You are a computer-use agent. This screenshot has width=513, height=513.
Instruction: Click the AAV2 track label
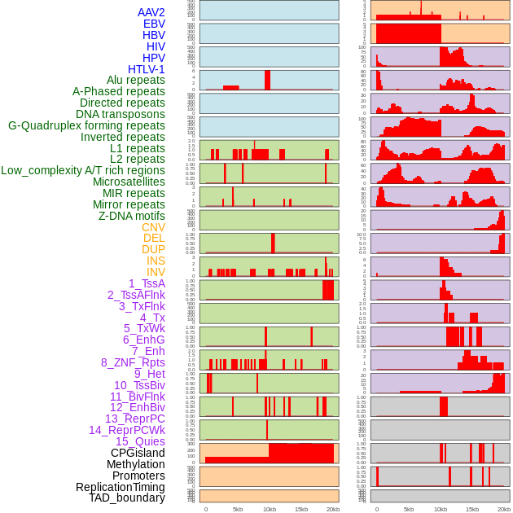(151, 12)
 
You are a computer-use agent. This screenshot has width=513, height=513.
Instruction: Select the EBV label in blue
(154, 24)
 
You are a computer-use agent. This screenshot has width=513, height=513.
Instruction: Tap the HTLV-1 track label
(147, 69)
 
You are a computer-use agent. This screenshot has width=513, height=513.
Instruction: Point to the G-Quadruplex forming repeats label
(86, 125)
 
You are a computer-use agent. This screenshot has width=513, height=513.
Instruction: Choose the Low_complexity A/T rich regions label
(83, 170)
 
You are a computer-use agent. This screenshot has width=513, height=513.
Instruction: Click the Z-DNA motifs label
(132, 216)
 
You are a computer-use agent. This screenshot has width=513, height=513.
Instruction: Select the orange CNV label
(153, 227)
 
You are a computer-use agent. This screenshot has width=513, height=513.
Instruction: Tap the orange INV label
(156, 272)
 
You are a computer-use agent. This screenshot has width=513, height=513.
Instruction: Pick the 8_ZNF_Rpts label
(133, 362)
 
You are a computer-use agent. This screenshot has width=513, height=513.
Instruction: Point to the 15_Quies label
(140, 441)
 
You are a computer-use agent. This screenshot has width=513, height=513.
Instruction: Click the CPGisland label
(138, 453)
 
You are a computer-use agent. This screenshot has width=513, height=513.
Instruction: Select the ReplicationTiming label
(121, 487)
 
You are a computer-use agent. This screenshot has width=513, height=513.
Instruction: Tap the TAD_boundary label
(127, 498)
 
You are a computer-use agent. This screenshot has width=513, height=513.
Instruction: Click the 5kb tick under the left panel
(238, 509)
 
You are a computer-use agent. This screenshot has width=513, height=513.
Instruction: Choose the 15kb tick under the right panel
(472, 509)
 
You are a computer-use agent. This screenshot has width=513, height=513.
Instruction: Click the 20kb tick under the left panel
(332, 509)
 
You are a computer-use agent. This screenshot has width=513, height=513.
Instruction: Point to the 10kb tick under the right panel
(440, 509)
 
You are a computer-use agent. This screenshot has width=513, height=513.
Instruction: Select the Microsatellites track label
(129, 182)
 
